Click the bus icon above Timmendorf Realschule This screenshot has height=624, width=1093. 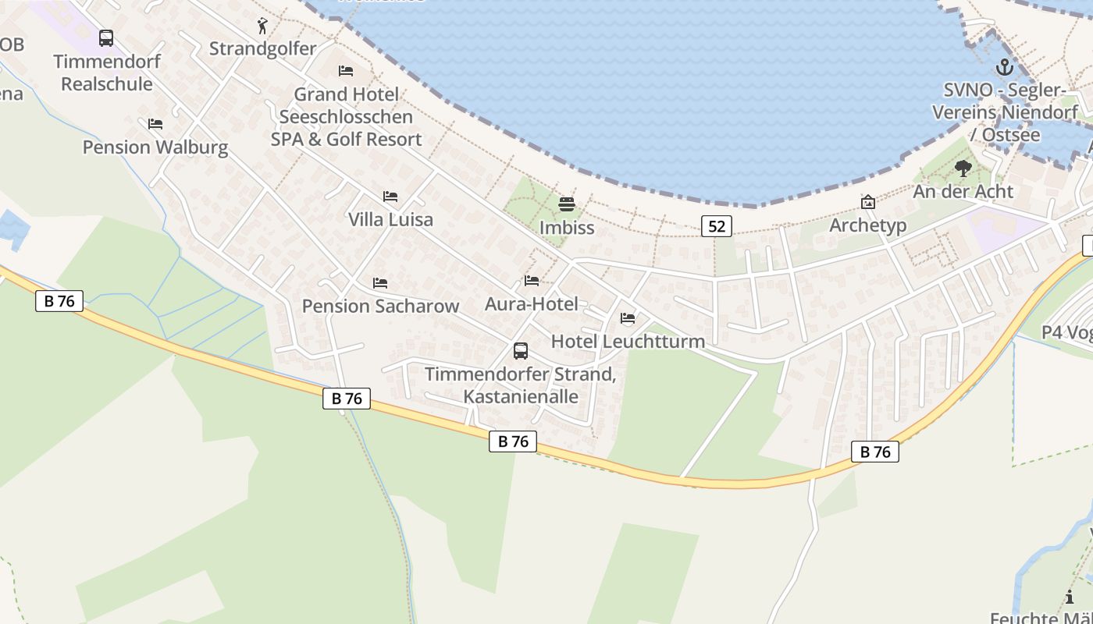click(x=105, y=37)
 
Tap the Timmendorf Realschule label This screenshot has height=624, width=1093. click(x=107, y=73)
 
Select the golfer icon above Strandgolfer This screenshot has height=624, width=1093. click(x=262, y=27)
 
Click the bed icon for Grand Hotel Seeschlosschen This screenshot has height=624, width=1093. click(x=346, y=71)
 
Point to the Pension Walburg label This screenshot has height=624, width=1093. click(x=155, y=147)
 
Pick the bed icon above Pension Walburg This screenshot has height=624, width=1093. click(x=155, y=123)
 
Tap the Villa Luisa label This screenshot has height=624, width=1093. click(x=390, y=219)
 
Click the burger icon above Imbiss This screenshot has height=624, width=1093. click(x=567, y=204)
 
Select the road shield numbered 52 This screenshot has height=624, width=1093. click(x=717, y=226)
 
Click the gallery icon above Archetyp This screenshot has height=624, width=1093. click(x=867, y=202)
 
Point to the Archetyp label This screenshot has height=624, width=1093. click(x=867, y=225)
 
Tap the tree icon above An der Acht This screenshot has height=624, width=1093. click(x=963, y=168)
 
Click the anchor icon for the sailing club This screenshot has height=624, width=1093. click(x=1004, y=67)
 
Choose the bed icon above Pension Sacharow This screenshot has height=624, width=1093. click(x=380, y=282)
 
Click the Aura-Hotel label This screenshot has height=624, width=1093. click(x=532, y=303)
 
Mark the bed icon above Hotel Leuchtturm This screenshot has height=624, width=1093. click(x=628, y=318)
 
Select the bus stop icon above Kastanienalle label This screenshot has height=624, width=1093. click(x=521, y=351)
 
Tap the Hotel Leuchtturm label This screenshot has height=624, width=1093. click(x=628, y=341)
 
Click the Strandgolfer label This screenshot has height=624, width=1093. click(x=262, y=48)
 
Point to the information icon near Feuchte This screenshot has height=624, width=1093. click(x=1069, y=597)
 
